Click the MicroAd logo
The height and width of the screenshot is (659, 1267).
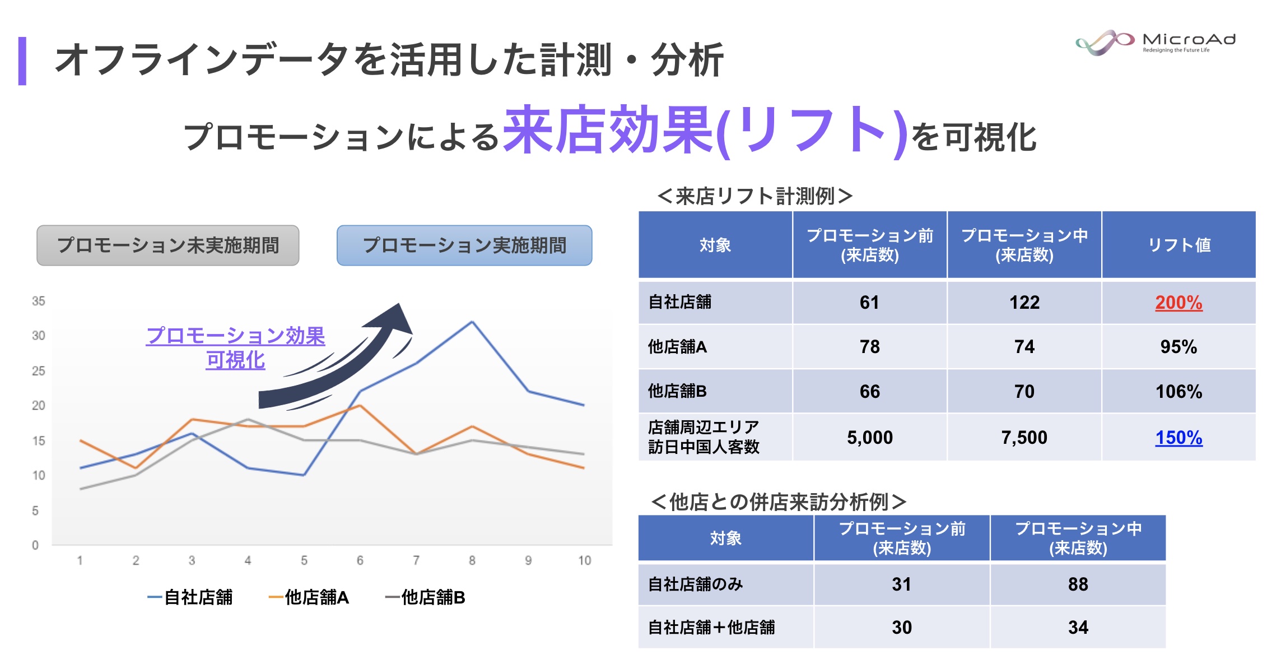pos(1155,43)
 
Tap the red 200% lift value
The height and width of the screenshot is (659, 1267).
pos(1179,303)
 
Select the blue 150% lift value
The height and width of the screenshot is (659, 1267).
pos(1179,438)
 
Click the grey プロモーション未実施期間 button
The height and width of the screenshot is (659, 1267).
pos(168,245)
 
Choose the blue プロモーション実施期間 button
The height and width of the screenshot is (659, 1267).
pos(464,245)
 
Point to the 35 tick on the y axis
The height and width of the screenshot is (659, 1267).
pos(38,301)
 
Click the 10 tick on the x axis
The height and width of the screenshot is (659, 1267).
pos(584,560)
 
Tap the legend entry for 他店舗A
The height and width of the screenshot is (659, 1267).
pos(309,597)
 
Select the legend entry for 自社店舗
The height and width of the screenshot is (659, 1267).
pos(190,597)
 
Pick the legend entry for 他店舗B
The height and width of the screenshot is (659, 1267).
pos(426,597)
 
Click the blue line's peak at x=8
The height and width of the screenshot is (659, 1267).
pos(472,322)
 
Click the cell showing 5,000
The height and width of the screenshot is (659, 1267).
pos(869,438)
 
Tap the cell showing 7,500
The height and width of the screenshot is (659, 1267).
pos(1024,438)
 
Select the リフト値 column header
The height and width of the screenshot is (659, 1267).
pos(1179,245)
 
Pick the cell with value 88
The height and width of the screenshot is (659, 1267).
pos(1078,584)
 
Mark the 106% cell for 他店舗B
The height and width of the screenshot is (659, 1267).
pos(1179,392)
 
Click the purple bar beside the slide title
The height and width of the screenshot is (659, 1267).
pos(22,61)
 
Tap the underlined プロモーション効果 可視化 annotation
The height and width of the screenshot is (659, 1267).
pos(235,348)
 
